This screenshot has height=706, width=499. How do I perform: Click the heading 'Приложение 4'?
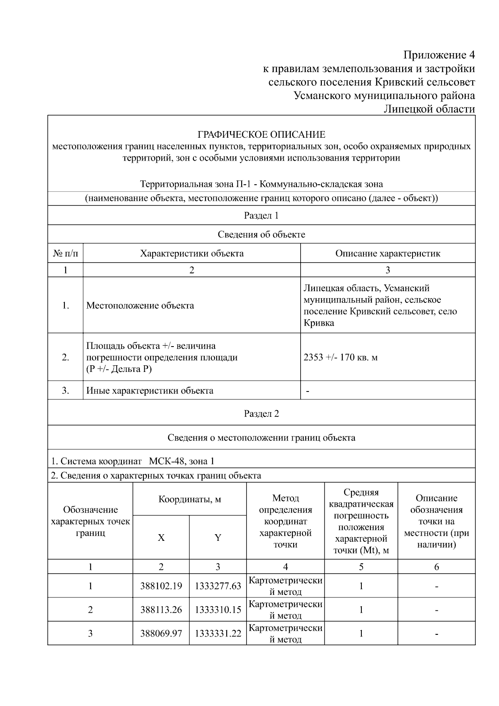tap(439, 55)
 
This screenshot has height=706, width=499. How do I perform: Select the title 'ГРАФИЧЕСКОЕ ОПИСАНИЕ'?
tap(261, 135)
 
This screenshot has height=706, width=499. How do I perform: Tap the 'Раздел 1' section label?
tap(261, 216)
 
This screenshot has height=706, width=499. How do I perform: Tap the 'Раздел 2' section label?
tap(261, 414)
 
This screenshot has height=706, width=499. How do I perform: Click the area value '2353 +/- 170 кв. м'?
tap(341, 357)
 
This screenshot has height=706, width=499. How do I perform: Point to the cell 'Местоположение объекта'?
tap(140, 306)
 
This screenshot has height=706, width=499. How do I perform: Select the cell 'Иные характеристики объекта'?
tap(150, 391)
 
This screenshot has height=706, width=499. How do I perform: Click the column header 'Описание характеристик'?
tap(388, 253)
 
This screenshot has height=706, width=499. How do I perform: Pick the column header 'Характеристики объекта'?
tap(192, 253)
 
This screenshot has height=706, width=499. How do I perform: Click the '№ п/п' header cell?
tap(65, 253)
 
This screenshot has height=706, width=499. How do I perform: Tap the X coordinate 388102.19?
tap(161, 586)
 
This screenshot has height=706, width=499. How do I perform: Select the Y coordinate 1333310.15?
tap(218, 610)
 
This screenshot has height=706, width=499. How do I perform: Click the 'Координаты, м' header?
tap(190, 499)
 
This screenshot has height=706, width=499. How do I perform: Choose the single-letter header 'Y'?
tap(218, 538)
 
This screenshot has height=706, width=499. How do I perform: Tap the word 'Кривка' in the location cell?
tap(319, 323)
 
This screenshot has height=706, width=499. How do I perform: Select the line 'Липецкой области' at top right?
tap(429, 109)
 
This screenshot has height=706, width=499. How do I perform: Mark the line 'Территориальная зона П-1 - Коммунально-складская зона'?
tap(261, 184)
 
